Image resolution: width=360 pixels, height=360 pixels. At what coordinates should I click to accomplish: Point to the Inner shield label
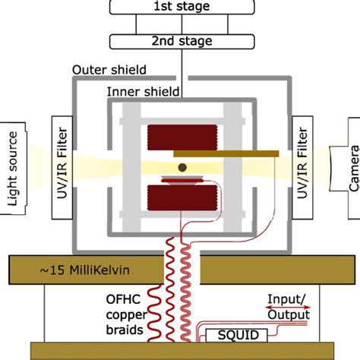tap(142, 93)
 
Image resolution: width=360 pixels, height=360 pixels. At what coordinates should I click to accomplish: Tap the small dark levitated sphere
tap(182, 167)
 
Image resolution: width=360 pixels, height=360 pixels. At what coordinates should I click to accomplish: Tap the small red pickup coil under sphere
tap(182, 182)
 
